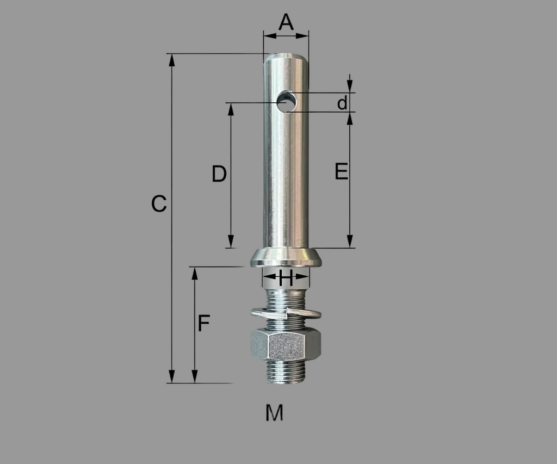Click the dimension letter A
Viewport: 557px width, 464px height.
[x=286, y=22]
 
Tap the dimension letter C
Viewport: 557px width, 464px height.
[x=159, y=204]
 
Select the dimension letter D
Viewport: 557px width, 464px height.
[x=219, y=174]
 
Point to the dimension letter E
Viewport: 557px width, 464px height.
[x=342, y=171]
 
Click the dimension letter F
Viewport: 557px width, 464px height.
[x=204, y=323]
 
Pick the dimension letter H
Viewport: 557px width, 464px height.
[x=286, y=278]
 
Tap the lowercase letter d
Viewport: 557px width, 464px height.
[x=342, y=103]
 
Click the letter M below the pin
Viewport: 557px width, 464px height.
[x=274, y=412]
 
